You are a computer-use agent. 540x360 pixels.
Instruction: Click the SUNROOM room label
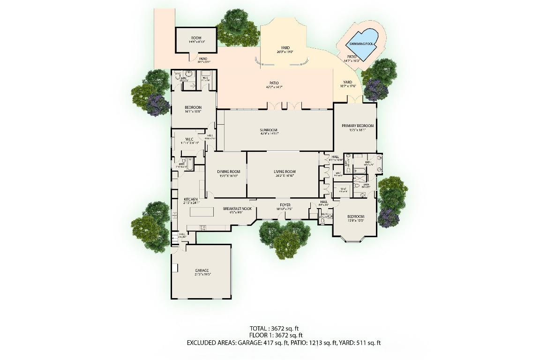click(269, 130)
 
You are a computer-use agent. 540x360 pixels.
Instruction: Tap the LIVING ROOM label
click(285, 172)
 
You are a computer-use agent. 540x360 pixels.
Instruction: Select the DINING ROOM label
click(228, 172)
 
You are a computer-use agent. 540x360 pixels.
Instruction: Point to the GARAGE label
click(202, 270)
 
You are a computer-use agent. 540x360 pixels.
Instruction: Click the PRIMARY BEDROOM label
click(358, 126)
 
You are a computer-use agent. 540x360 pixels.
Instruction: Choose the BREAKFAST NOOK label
click(237, 208)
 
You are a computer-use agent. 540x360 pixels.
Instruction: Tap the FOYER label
click(285, 205)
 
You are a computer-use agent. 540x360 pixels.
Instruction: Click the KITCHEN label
click(191, 200)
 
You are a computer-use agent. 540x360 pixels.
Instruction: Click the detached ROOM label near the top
click(196, 38)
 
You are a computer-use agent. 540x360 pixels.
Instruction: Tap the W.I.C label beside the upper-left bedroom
click(190, 139)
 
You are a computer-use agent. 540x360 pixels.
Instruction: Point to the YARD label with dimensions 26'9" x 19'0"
click(285, 48)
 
